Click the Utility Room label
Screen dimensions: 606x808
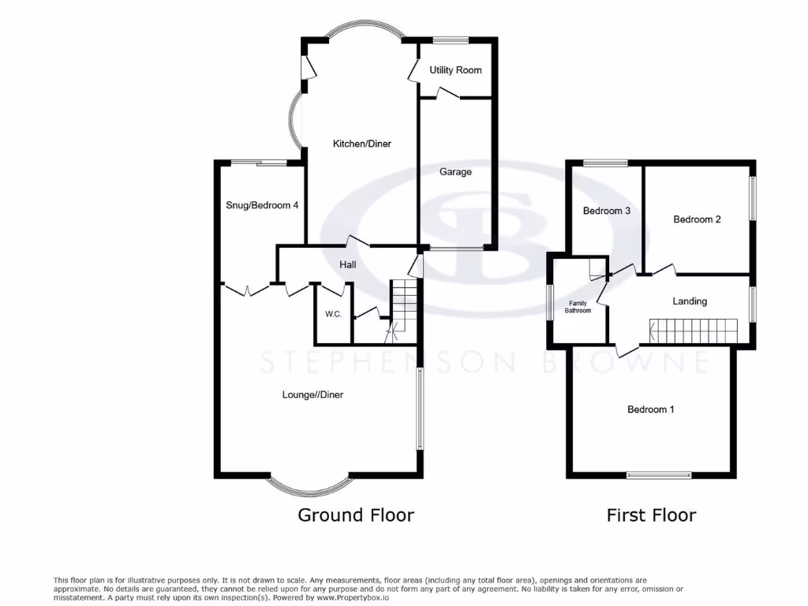(x=455, y=70)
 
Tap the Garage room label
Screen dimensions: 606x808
(x=455, y=171)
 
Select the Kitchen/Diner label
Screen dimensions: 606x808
(x=361, y=144)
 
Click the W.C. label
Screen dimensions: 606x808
(x=333, y=314)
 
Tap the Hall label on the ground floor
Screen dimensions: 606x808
(x=347, y=264)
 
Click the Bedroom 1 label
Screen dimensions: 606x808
(x=650, y=410)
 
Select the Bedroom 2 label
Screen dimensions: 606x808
(x=697, y=219)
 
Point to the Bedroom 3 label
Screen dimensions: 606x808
(x=606, y=211)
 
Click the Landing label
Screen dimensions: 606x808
(x=690, y=301)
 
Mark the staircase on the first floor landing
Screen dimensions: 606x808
(x=693, y=331)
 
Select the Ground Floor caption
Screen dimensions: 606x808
(x=355, y=515)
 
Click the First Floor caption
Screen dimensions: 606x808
(x=651, y=515)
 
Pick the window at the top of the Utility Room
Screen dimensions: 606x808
(x=450, y=39)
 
